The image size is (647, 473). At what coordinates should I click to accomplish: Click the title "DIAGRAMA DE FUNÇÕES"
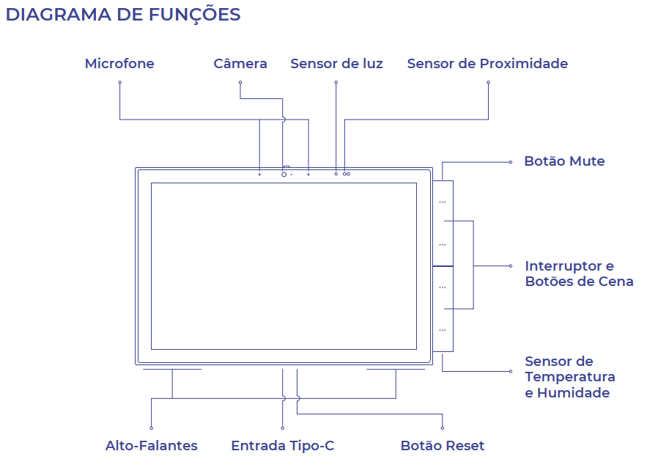(x=123, y=15)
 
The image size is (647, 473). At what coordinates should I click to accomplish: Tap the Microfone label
(x=119, y=64)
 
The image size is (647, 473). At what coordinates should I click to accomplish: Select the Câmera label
(x=240, y=64)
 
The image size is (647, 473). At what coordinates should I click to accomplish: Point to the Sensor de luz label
(x=336, y=64)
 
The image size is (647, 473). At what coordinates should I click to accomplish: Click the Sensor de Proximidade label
(x=487, y=64)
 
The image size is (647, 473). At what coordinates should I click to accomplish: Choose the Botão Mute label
(x=564, y=161)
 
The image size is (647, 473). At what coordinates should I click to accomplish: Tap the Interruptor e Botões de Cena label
(x=579, y=274)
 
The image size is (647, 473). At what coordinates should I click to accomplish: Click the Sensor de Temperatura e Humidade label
(x=570, y=377)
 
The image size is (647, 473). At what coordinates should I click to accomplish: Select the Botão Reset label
(x=443, y=446)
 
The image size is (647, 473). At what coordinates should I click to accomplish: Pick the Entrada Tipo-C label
(x=282, y=446)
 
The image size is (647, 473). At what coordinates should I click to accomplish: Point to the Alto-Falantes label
(x=151, y=446)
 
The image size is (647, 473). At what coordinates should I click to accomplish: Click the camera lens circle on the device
(x=284, y=175)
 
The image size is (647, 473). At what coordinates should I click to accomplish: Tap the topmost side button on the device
(x=443, y=200)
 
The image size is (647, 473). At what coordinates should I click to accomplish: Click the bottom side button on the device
(x=443, y=330)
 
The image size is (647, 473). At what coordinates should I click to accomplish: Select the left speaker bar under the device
(x=172, y=370)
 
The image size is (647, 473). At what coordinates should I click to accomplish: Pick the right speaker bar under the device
(x=396, y=370)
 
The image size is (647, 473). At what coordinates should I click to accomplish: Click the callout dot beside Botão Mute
(x=511, y=161)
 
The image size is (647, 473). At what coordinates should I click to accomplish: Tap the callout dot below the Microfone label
(x=119, y=82)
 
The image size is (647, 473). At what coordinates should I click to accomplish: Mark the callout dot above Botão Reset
(x=443, y=428)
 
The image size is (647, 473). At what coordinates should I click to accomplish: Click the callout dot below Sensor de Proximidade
(x=488, y=82)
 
